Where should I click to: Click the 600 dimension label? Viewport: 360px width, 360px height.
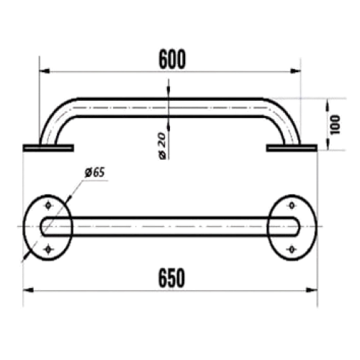click(172, 59)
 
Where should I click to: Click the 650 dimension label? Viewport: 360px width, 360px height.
click(171, 278)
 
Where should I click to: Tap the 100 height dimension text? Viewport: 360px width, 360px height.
click(336, 125)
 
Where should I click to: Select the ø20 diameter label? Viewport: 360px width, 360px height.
click(163, 145)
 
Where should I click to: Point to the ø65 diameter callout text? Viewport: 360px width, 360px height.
click(95, 173)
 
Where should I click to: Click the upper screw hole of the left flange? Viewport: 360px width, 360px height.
click(48, 205)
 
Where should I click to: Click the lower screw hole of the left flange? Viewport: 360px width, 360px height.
click(48, 250)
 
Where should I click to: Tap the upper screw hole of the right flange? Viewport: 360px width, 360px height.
click(292, 205)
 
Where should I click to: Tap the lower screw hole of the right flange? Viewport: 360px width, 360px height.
click(292, 250)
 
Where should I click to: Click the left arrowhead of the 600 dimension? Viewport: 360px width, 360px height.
click(45, 71)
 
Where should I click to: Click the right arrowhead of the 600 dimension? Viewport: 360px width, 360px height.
click(295, 71)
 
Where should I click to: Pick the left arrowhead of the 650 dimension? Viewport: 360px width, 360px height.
click(28, 290)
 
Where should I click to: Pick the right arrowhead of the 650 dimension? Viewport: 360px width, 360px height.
click(312, 290)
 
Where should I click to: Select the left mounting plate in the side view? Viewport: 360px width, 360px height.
click(48, 148)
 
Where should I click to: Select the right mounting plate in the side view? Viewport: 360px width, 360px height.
click(292, 148)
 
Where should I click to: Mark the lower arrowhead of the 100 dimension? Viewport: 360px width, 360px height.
click(328, 145)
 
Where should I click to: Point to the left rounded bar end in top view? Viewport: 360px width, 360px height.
click(42, 226)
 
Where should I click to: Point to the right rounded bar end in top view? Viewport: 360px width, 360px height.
click(297, 226)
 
